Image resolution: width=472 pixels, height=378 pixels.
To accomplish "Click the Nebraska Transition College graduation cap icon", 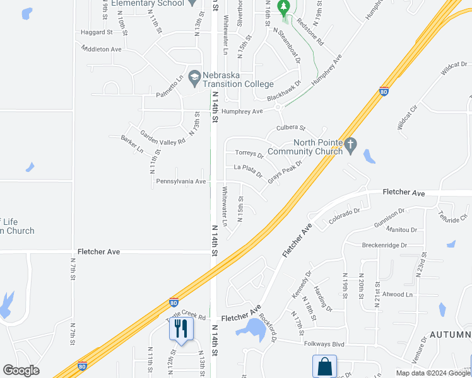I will tap(194, 77).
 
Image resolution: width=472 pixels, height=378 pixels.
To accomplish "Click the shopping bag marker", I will tap(324, 366).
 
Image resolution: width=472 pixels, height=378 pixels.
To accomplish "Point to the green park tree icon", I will tap(283, 8).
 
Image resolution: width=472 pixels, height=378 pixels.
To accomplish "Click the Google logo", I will tap(21, 370).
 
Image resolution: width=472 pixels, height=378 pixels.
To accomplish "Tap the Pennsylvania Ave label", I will tap(181, 181).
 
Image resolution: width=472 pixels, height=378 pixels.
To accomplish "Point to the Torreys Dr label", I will tap(249, 154).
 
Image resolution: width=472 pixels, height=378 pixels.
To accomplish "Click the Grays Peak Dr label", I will tap(285, 171).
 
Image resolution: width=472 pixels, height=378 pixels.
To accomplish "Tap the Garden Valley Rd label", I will tap(163, 138).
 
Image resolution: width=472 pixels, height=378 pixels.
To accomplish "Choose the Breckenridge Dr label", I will tap(384, 245).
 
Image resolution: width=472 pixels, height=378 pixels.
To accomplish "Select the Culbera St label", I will tap(291, 128).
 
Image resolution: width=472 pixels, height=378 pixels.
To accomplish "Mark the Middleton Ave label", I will tap(101, 49).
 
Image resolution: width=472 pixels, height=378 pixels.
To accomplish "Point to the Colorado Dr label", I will tap(344, 217).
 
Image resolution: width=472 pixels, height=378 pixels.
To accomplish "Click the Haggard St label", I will tap(96, 32).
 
